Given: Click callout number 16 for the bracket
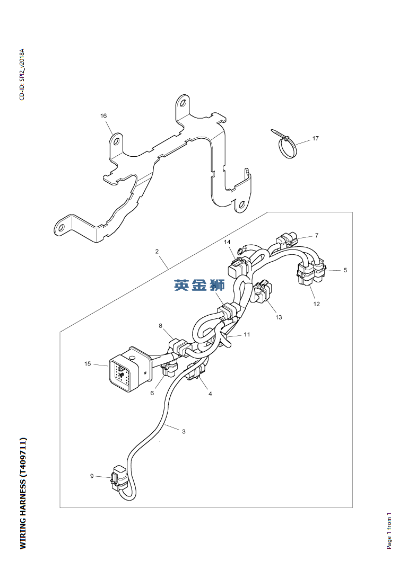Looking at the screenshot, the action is (104, 116).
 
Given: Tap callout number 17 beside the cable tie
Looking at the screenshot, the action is (315, 138).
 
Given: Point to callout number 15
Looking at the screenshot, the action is (88, 363).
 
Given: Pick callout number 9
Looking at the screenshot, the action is (92, 476).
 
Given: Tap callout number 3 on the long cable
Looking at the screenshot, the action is (184, 432).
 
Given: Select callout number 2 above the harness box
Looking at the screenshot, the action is (157, 251).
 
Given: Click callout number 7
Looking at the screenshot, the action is (317, 235).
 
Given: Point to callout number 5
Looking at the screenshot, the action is (345, 270).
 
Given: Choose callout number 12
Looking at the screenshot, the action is (317, 304).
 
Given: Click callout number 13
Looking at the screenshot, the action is (279, 317).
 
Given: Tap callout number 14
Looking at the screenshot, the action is (227, 242).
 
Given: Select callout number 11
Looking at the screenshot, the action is (247, 334).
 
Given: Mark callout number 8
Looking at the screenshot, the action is (161, 326).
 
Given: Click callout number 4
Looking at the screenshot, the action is (210, 394).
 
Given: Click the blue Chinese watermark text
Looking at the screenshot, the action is (199, 285).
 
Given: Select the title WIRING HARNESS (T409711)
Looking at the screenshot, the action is (23, 493).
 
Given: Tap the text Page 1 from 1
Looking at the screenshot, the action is (389, 531).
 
